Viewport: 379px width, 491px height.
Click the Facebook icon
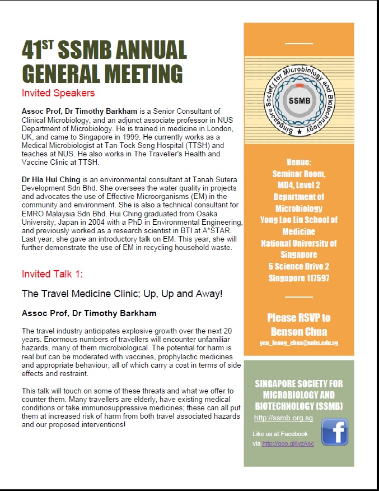(334, 432)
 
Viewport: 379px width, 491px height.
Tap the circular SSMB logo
(298, 98)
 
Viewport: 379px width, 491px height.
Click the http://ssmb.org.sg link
(275, 418)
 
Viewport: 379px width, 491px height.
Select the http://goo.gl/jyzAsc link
(288, 444)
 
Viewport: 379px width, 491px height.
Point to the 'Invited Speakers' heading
(58, 93)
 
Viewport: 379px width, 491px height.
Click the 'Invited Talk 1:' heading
(52, 274)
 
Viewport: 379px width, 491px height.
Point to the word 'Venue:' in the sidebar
(298, 162)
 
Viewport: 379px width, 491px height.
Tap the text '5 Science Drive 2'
(298, 265)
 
